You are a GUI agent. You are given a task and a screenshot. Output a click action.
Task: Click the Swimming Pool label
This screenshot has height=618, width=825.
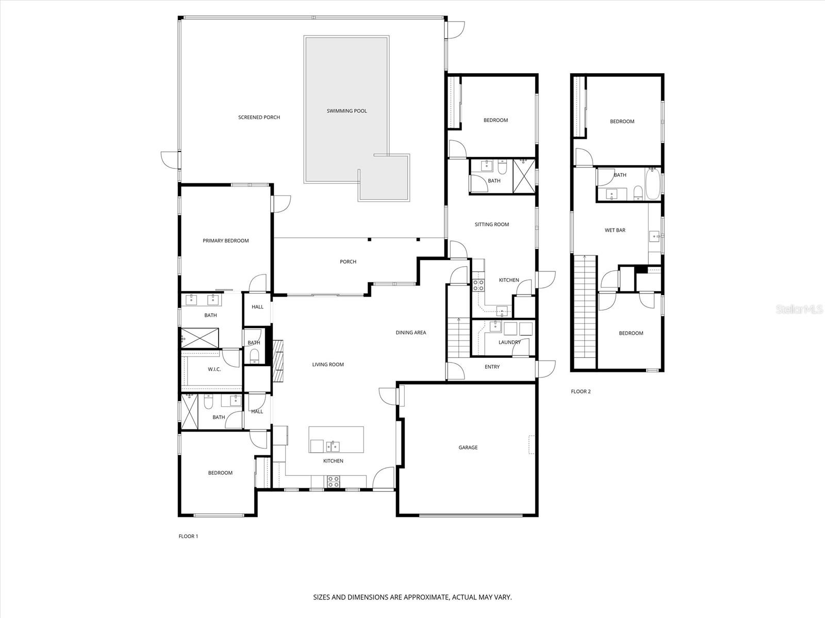coord(346,111)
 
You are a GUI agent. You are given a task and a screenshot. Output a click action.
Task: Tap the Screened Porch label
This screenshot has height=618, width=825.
coord(259,117)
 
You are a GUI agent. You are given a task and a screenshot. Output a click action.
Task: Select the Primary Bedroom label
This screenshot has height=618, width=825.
coord(225,241)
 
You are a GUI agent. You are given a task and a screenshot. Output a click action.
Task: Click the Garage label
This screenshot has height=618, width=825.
coord(468,448)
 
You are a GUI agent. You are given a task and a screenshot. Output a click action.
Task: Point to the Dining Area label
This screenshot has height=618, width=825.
coord(410,333)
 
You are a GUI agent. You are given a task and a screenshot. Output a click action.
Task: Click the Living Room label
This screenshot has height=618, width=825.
coord(327,365)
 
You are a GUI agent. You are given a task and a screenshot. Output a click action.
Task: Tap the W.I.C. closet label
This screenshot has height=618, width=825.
coord(214,369)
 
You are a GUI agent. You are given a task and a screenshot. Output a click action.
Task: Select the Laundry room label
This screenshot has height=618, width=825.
coord(509,342)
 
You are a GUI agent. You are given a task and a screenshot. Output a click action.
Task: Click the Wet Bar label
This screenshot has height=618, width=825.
coord(615,230)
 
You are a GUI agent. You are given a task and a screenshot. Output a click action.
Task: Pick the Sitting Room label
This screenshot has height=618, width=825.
coord(491,225)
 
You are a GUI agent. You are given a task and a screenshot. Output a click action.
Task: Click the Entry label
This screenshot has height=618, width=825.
coord(492,367)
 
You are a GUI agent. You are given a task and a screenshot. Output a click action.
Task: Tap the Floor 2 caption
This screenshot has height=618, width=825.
coord(580,391)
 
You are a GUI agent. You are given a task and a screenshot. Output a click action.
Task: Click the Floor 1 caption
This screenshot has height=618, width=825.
coord(188,536)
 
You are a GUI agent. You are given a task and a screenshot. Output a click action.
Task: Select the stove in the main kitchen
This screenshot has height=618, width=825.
coord(333,482)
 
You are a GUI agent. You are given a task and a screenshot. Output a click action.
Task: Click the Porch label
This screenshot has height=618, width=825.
coord(348,262)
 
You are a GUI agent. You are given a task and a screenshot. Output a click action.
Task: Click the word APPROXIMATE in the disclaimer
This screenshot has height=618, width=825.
coord(424,597)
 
